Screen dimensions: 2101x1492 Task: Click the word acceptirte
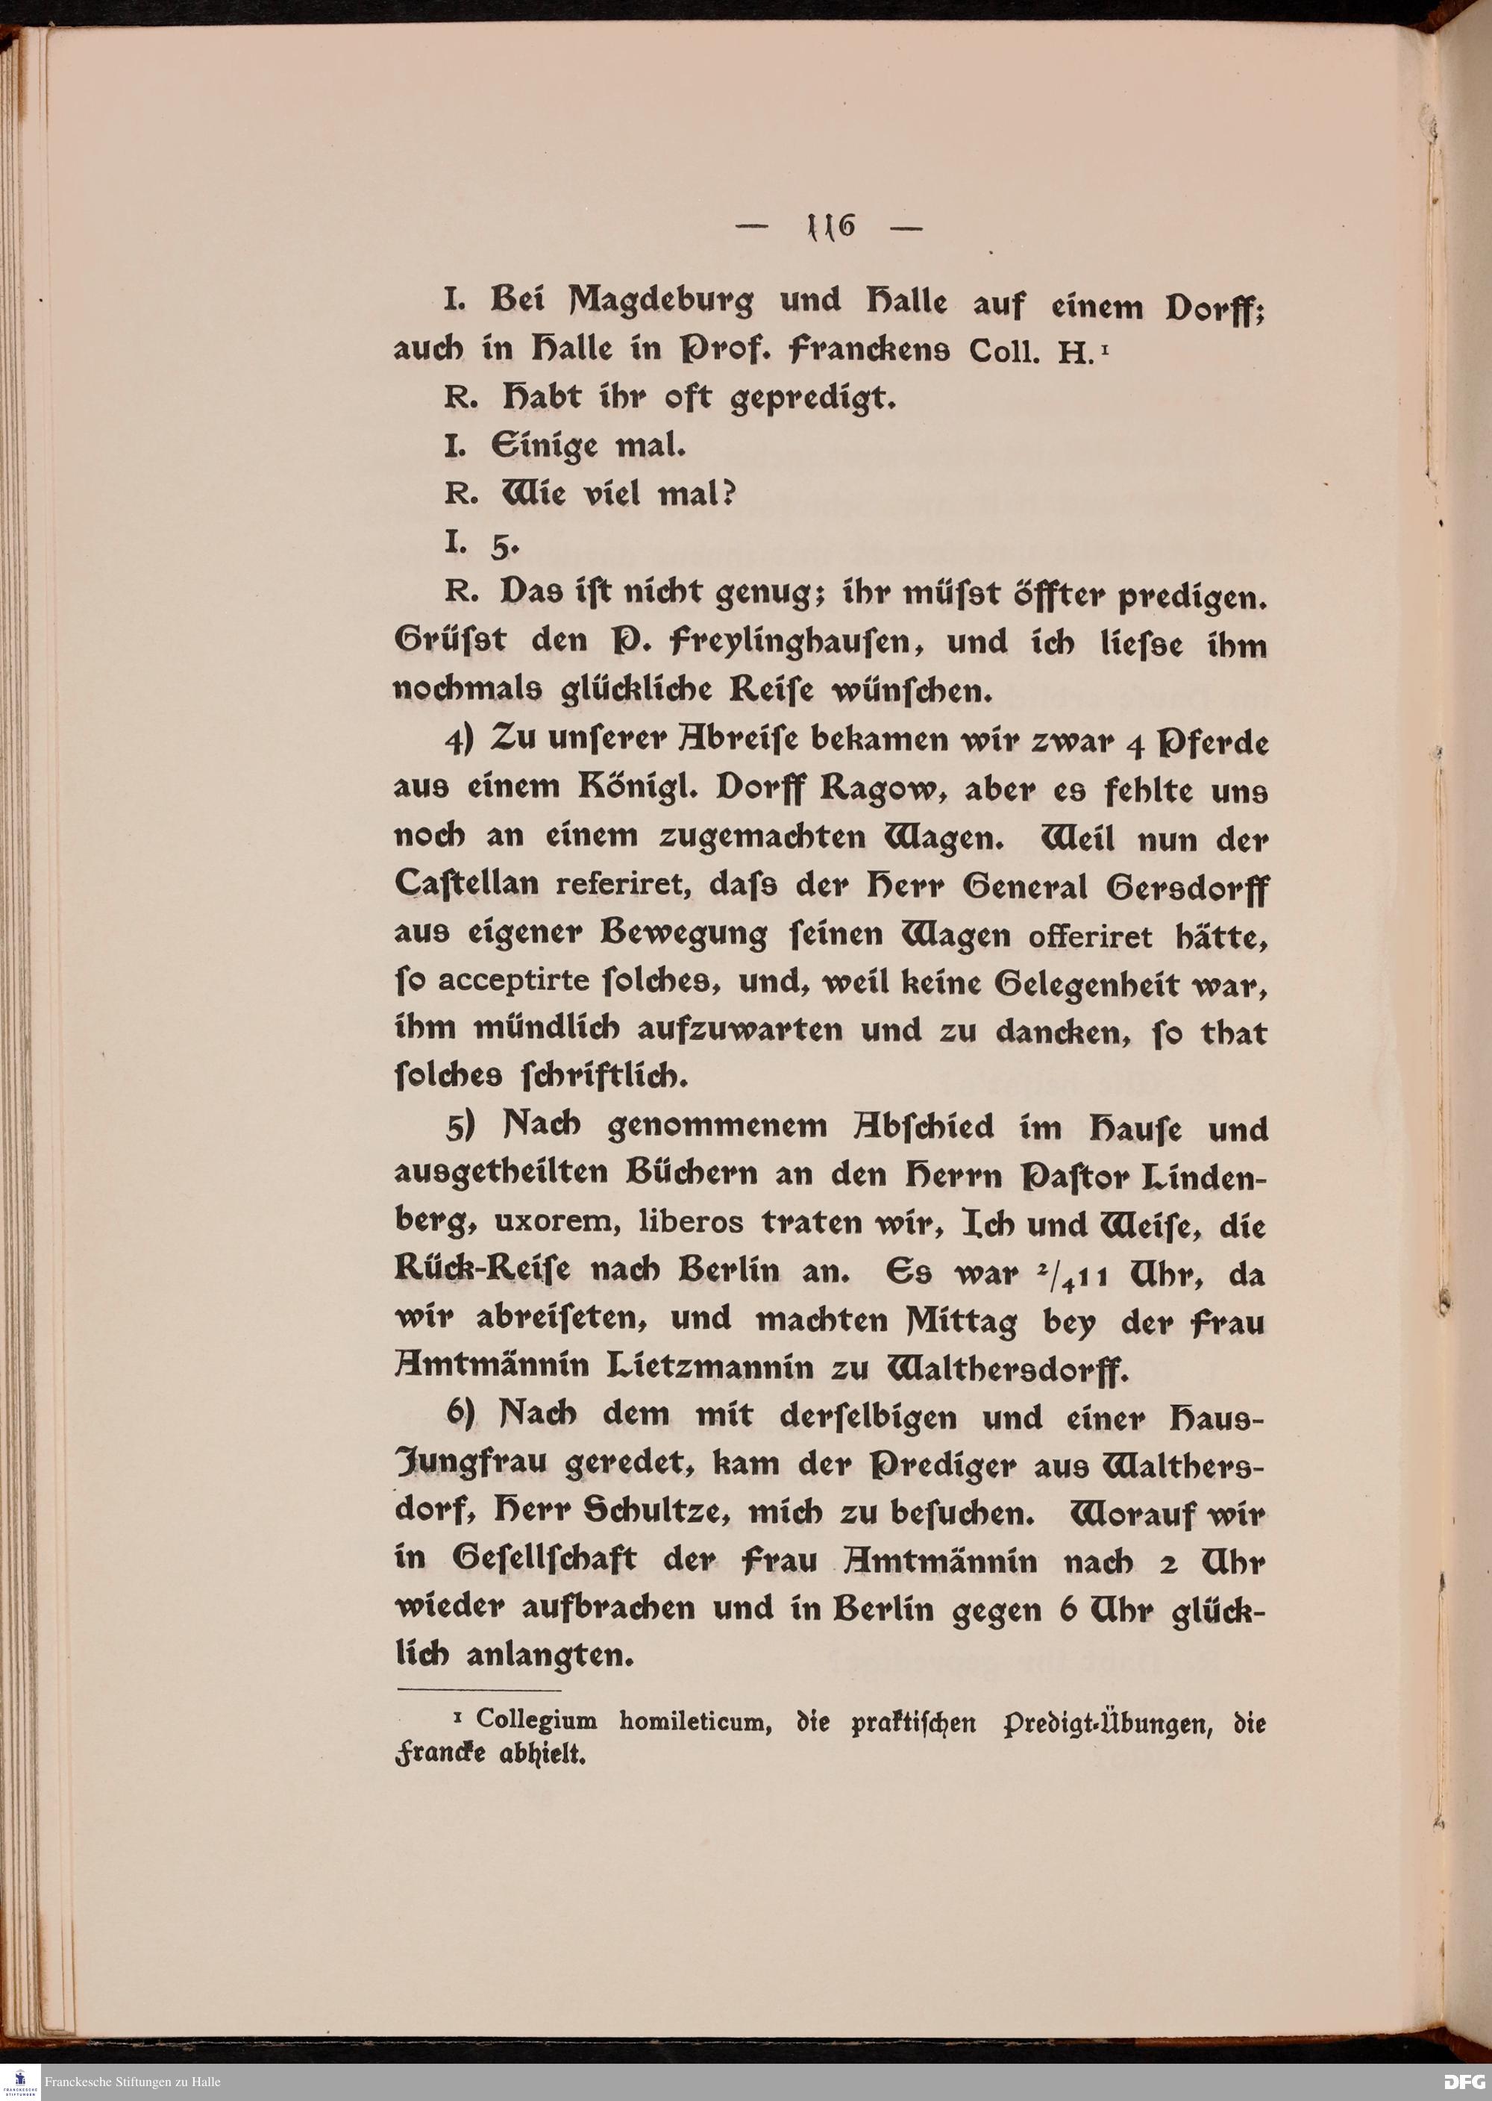pyautogui.click(x=513, y=982)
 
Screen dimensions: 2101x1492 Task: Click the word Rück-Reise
pyautogui.click(x=483, y=1271)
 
